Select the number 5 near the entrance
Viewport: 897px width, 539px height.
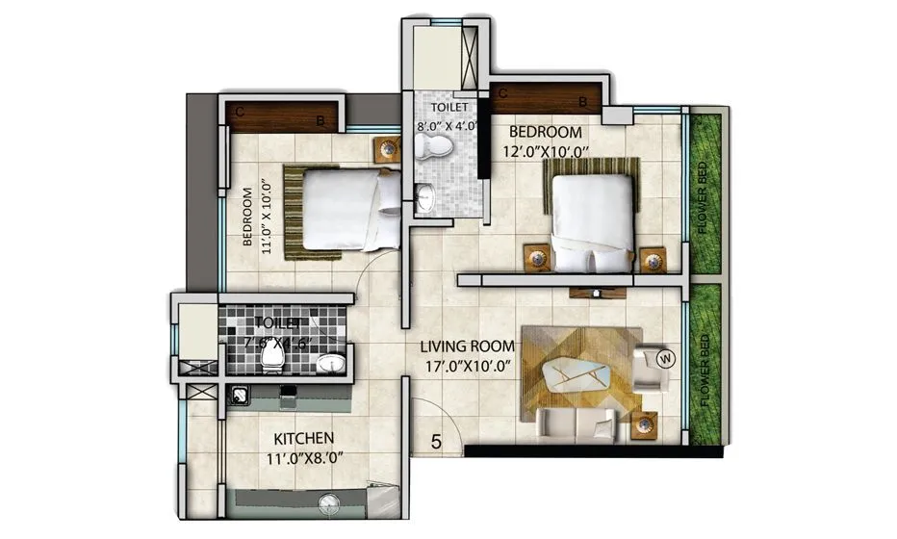tap(436, 443)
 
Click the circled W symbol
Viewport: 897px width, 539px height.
tap(663, 359)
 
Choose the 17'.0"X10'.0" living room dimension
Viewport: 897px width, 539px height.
tap(454, 366)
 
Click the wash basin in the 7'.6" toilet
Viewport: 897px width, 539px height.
tap(331, 363)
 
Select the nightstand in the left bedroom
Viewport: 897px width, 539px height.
tap(387, 149)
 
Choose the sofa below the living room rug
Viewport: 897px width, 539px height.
tap(577, 420)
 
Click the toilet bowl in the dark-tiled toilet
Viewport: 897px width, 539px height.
tap(271, 360)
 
